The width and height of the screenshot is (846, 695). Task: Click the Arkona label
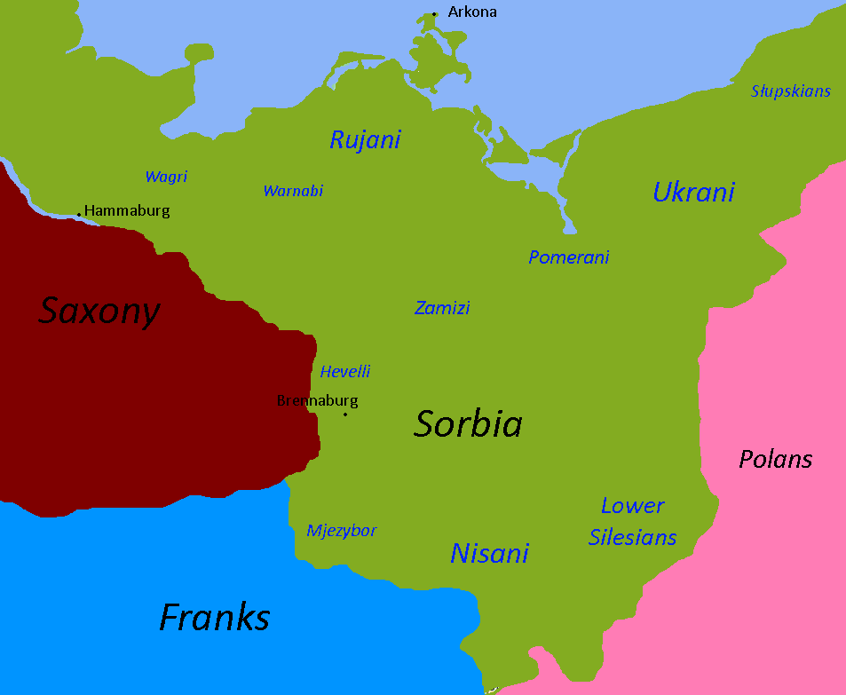[x=472, y=12]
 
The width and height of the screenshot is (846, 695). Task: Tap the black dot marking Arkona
[x=434, y=14]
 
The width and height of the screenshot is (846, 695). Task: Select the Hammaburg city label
[x=127, y=211]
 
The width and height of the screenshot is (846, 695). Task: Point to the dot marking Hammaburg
[x=79, y=214]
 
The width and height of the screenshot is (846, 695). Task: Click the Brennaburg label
[x=318, y=400]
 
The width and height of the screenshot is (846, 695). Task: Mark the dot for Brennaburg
[x=345, y=415]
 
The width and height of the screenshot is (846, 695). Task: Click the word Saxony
[x=99, y=311]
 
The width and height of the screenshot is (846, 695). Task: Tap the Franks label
[x=214, y=617]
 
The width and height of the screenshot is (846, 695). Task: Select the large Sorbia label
[x=468, y=424]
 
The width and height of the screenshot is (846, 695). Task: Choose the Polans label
[x=776, y=459]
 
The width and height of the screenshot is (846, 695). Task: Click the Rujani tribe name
[x=365, y=139]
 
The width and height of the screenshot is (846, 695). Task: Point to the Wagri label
[x=166, y=177]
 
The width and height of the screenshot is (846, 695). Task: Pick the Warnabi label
[x=293, y=191]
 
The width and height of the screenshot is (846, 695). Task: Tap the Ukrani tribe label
[x=693, y=192]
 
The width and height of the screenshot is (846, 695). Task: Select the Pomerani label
[x=569, y=257]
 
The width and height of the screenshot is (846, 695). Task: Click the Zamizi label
[x=442, y=308]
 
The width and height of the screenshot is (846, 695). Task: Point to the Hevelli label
[x=344, y=372]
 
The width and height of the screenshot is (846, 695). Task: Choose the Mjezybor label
[x=342, y=531]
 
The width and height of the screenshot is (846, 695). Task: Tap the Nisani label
[x=489, y=553]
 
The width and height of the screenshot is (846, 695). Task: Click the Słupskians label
[x=790, y=91]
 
